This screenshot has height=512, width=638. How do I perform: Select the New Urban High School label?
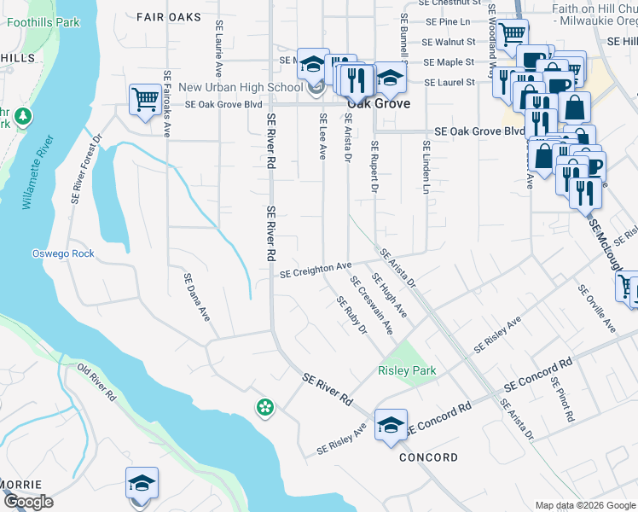pos(241,87)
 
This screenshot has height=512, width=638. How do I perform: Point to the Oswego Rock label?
pos(63,253)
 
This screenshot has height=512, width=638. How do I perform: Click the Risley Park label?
pos(407,370)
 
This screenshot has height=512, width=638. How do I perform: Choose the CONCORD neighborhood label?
pos(428,457)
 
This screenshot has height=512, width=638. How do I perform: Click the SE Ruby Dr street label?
pos(351,315)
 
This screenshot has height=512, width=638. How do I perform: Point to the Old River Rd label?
pos(96,382)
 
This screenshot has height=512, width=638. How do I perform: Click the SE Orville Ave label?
pos(596,308)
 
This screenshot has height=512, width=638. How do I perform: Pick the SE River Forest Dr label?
pos(88,167)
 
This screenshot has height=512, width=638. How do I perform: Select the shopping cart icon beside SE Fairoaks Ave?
pos(144,99)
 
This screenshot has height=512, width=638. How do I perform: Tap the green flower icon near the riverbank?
pos(265,408)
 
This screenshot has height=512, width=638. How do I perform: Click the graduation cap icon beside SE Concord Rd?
pos(390,426)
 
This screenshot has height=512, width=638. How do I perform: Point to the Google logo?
pos(27,503)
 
